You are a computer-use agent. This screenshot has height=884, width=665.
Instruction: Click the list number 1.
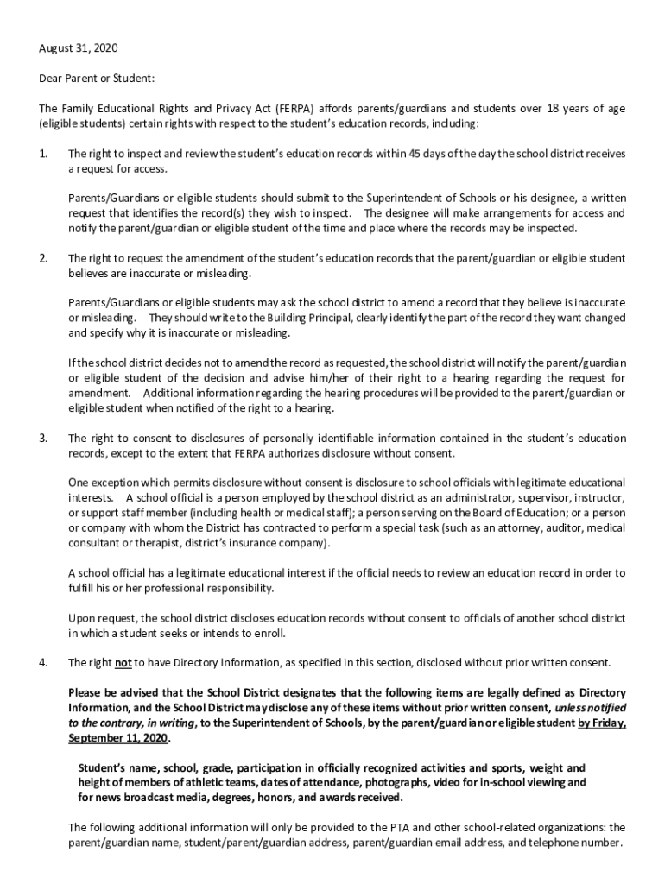click(x=42, y=154)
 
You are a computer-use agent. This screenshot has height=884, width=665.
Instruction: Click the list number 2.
click(x=42, y=258)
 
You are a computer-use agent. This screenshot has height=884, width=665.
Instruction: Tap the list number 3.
click(x=42, y=439)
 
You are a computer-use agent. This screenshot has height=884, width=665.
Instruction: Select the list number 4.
click(x=42, y=663)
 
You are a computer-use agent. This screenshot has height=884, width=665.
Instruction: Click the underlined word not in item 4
click(x=123, y=663)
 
